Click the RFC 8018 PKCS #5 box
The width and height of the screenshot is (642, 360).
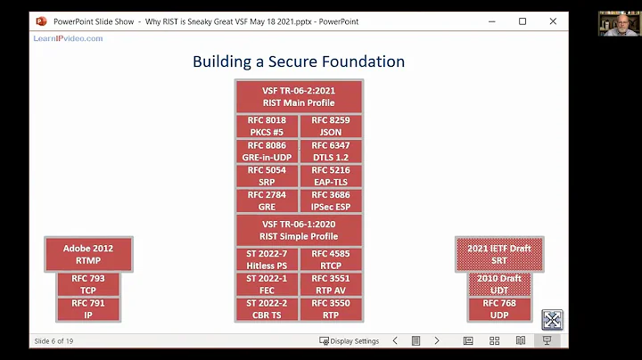tap(267, 127)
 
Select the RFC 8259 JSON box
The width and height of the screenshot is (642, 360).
tap(330, 127)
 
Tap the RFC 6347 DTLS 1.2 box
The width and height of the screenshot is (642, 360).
tap(330, 151)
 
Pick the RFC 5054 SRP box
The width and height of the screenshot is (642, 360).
tap(267, 176)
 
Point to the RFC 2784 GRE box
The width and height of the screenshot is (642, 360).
tap(267, 200)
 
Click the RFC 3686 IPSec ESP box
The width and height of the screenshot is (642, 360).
tap(330, 200)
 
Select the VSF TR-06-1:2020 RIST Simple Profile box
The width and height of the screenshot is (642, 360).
tap(299, 230)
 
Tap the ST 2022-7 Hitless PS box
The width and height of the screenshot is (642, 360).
tap(267, 259)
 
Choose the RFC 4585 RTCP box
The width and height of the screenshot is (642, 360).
tap(330, 259)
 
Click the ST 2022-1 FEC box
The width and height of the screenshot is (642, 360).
tap(267, 284)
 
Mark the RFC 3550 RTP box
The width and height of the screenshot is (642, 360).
tap(330, 308)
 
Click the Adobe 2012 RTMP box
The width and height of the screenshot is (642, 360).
tap(88, 254)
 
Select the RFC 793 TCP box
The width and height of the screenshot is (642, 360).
tap(88, 284)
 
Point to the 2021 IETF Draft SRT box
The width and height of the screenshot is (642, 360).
tap(499, 254)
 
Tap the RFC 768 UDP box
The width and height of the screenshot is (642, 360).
tap(499, 308)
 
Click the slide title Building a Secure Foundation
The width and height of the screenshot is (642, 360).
tap(299, 61)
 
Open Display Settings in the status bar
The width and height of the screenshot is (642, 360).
tap(349, 340)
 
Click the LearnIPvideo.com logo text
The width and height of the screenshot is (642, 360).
tap(68, 38)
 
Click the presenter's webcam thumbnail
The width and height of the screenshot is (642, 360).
tap(617, 24)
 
